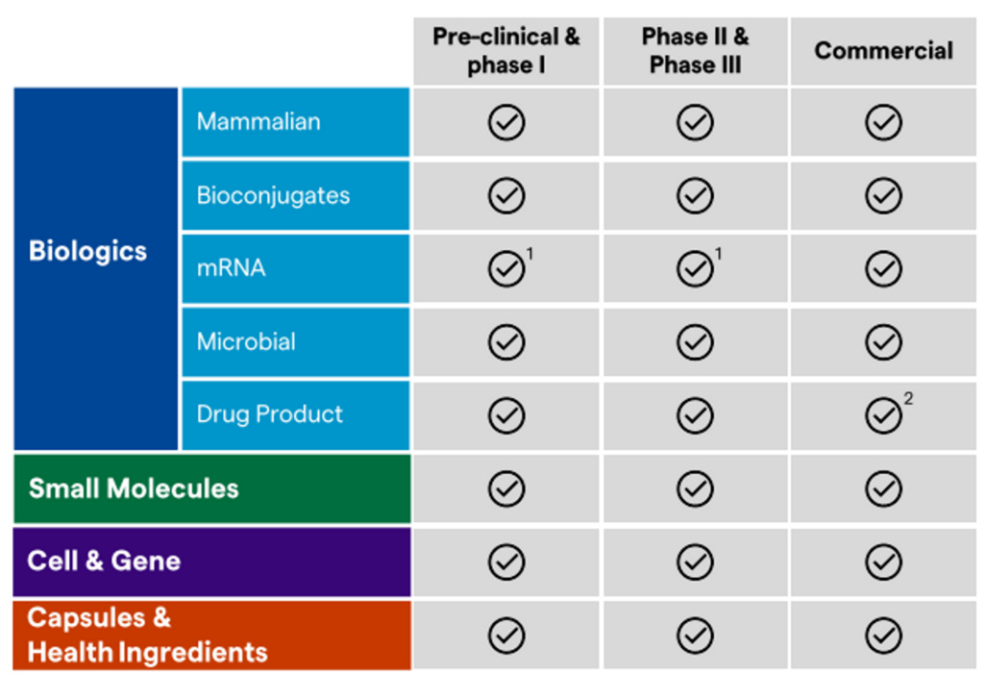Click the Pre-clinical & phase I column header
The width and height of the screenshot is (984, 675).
(506, 51)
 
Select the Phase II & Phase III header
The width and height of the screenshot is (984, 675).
(695, 51)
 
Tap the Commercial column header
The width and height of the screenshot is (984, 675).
(883, 51)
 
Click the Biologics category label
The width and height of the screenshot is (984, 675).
(88, 252)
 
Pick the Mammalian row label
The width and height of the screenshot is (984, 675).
(258, 122)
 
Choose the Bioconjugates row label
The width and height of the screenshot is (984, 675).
(273, 195)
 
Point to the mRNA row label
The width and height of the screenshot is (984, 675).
(231, 268)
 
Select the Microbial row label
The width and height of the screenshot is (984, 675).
(246, 341)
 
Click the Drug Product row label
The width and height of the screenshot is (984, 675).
(269, 414)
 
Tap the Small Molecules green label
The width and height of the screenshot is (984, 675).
(134, 488)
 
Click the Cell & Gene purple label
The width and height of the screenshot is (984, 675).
(104, 562)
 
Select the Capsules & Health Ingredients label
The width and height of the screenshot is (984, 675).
(147, 636)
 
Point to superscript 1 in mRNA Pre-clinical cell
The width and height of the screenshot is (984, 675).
(530, 254)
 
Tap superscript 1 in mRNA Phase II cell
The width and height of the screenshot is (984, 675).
(719, 254)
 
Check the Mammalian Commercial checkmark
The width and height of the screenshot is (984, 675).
(883, 123)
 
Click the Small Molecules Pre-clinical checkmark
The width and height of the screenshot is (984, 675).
(506, 489)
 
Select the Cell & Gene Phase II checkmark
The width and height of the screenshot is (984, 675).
(695, 562)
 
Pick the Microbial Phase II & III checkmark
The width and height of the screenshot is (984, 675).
(695, 342)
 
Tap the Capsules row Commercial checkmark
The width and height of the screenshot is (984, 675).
(883, 636)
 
